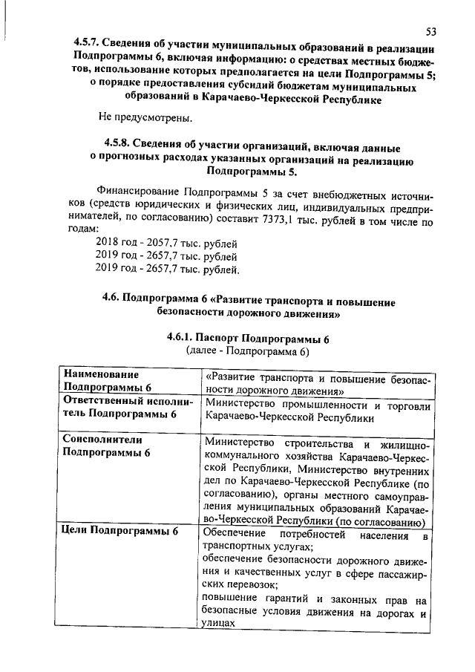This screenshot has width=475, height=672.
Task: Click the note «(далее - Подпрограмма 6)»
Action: click(x=247, y=350)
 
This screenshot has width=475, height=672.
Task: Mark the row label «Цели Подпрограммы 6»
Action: click(x=120, y=531)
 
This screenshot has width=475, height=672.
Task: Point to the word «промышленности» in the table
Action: click(x=322, y=405)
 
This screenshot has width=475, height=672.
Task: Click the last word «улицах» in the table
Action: click(x=218, y=625)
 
